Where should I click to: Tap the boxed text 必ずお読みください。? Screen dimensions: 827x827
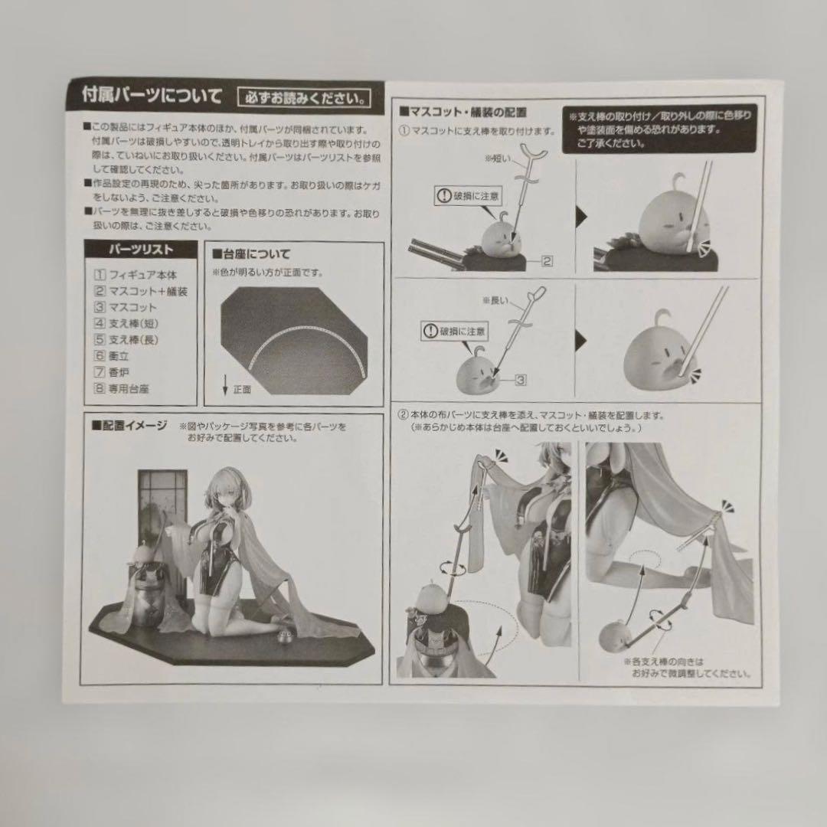coord(305,98)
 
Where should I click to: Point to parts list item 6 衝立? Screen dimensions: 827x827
coord(116,356)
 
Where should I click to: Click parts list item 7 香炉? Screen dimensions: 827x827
coord(116,372)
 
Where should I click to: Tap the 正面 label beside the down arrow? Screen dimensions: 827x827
coord(243,390)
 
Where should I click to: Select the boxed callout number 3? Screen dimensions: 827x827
coord(518,378)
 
